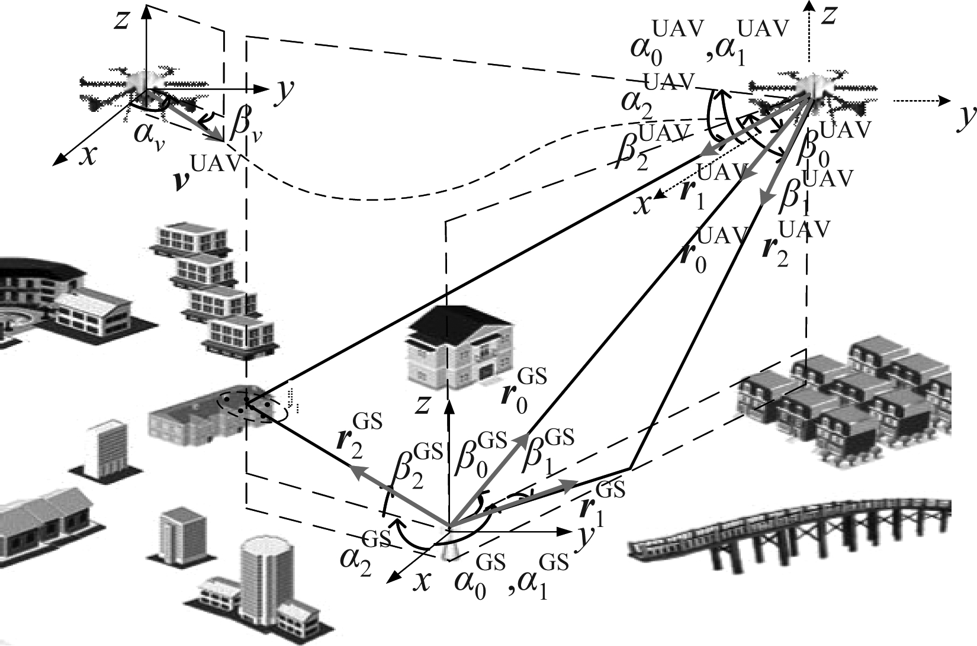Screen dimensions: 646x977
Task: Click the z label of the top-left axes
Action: pos(123,21)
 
